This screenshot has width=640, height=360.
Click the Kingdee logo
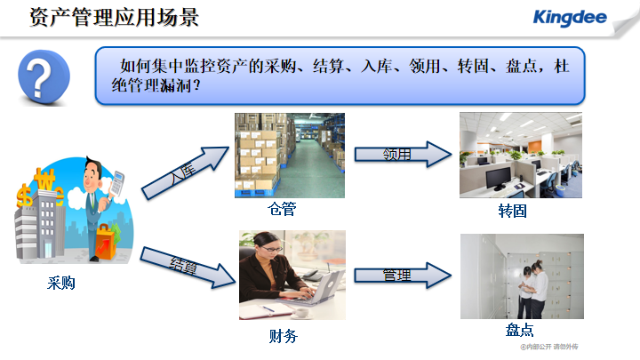570,18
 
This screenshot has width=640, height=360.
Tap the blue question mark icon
44,76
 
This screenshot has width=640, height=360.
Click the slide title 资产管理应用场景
115,17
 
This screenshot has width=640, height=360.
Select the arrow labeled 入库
186,172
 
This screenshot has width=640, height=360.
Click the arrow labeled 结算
188,268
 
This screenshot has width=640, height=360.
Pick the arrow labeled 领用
404,155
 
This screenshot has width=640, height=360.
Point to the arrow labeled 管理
403,276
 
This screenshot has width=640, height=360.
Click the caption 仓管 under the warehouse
282,209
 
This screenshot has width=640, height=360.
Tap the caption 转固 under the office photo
512,211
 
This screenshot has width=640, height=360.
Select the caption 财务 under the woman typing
284,336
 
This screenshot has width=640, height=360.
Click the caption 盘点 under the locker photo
520,330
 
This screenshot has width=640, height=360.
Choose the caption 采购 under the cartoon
61,283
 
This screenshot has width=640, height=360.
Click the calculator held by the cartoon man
117,183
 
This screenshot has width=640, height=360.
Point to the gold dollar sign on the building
24,195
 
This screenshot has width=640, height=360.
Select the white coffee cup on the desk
301,313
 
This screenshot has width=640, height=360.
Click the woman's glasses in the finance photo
271,249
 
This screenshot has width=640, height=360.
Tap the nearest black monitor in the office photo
499,180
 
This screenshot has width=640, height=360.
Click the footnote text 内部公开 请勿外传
549,347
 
